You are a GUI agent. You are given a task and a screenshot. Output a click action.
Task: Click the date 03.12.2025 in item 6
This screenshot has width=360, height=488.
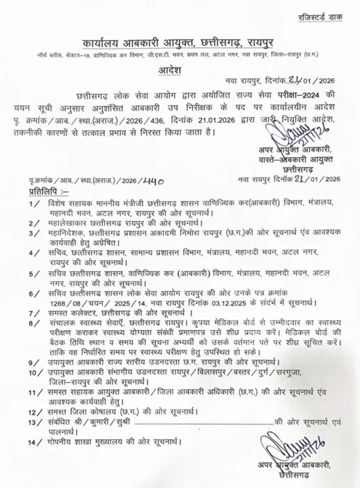pos(232,304)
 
